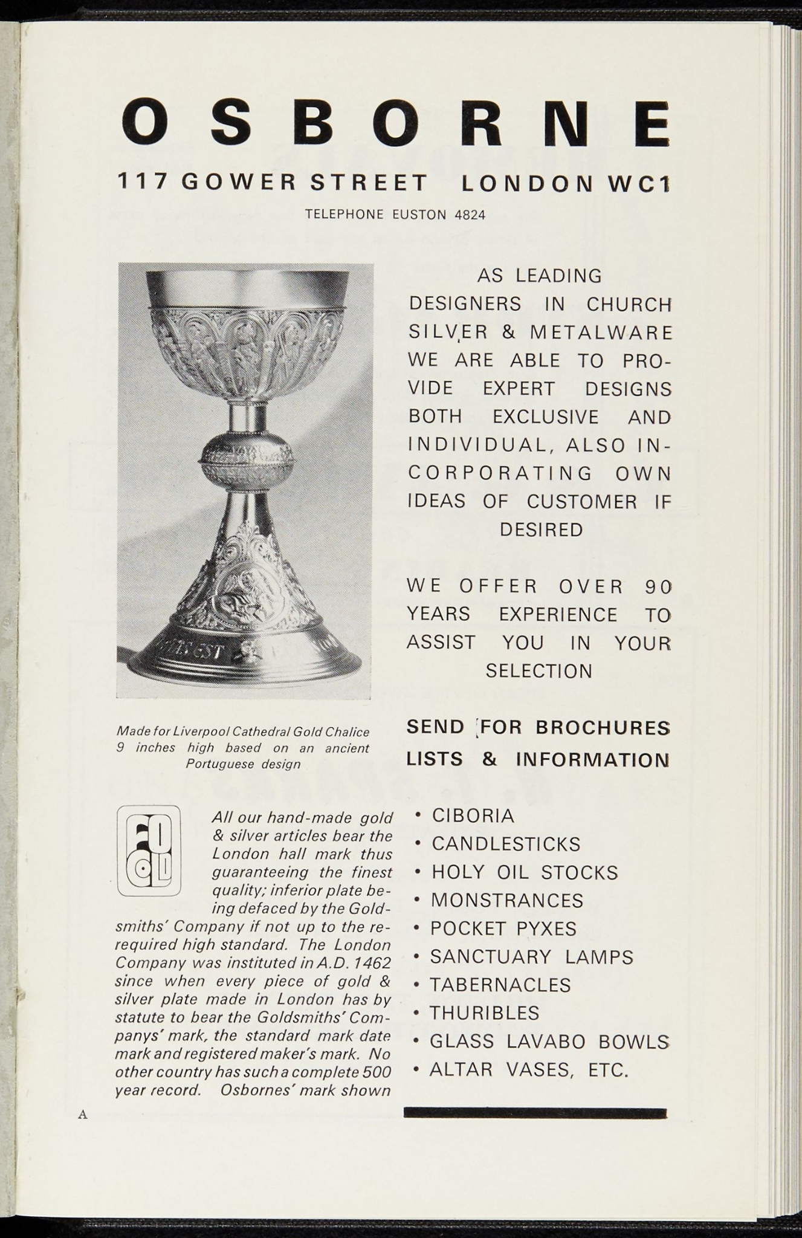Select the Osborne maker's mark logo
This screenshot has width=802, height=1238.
148,851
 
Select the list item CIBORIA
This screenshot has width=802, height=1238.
473,815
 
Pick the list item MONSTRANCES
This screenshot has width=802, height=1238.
506,900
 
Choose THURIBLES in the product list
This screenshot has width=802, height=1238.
484,1013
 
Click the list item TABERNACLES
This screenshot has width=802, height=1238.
500,985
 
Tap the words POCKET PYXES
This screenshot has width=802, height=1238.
503,928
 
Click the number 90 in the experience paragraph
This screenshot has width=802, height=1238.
657,586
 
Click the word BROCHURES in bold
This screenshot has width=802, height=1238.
603,727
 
